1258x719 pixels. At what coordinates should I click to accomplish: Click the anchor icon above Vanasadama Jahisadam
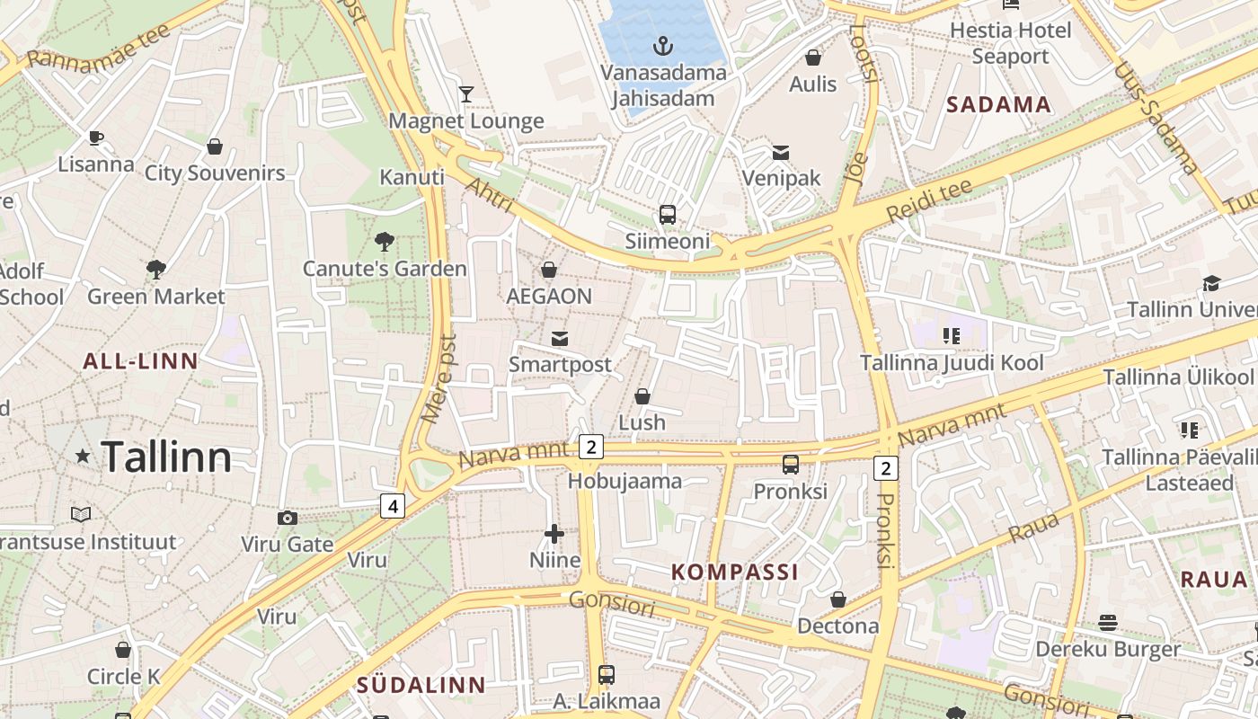point(662,45)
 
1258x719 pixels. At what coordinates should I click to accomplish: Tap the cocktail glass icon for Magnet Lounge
point(466,93)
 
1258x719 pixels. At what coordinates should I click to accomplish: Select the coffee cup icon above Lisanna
point(95,138)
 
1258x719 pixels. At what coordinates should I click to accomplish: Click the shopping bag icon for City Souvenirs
point(215,146)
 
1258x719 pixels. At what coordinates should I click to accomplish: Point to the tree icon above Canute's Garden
point(385,241)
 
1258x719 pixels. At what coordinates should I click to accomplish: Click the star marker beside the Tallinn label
point(83,457)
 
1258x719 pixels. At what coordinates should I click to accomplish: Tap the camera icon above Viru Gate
point(288,518)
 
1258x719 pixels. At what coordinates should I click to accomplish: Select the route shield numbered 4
point(392,506)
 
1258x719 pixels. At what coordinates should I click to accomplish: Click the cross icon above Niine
point(554,534)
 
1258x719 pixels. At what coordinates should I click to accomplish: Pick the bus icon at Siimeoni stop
point(668,214)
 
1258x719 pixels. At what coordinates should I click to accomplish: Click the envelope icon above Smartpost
point(560,338)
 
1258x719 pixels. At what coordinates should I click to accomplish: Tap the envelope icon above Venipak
point(781,152)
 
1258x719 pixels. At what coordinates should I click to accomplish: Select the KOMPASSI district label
point(735,572)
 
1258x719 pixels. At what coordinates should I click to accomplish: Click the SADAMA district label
point(998,104)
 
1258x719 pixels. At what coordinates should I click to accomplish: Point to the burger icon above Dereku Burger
point(1108,622)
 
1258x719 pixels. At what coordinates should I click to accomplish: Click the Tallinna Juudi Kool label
point(952,363)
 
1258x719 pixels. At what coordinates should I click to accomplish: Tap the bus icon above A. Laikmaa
point(607,674)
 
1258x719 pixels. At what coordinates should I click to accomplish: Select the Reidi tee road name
point(929,200)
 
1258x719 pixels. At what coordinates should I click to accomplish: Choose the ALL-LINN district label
point(140,361)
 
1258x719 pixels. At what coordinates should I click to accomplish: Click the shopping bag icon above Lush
point(642,395)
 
